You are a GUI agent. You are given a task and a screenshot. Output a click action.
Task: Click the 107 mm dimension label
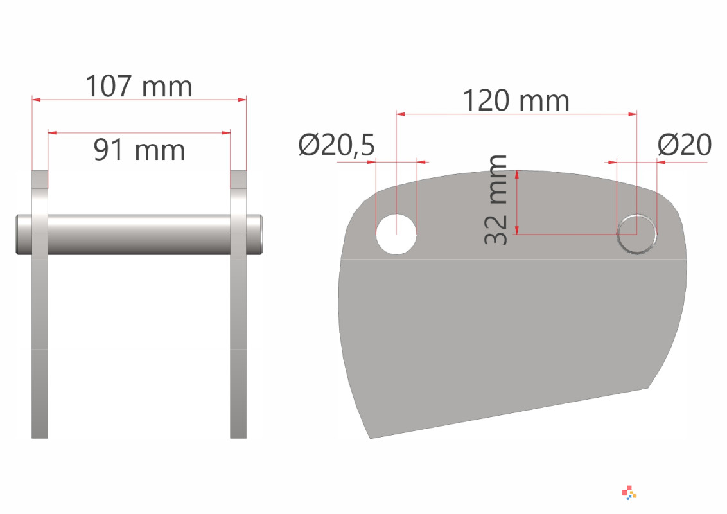pyautogui.click(x=139, y=86)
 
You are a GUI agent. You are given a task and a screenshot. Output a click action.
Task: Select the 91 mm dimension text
pyautogui.click(x=139, y=150)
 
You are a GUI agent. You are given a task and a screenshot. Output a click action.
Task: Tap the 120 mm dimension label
pyautogui.click(x=516, y=100)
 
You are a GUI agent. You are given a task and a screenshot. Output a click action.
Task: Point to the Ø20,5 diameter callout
pyautogui.click(x=337, y=145)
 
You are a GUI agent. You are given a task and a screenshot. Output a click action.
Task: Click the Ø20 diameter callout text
pyautogui.click(x=685, y=145)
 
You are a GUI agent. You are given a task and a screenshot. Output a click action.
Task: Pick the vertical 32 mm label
pyautogui.click(x=496, y=200)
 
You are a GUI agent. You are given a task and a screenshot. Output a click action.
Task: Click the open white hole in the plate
pyautogui.click(x=396, y=234)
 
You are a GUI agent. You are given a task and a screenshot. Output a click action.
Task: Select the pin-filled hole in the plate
pyautogui.click(x=636, y=234)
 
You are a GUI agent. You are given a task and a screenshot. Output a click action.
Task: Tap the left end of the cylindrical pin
pyautogui.click(x=18, y=235)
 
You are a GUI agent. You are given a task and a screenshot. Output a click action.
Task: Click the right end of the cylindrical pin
pyautogui.click(x=260, y=235)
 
